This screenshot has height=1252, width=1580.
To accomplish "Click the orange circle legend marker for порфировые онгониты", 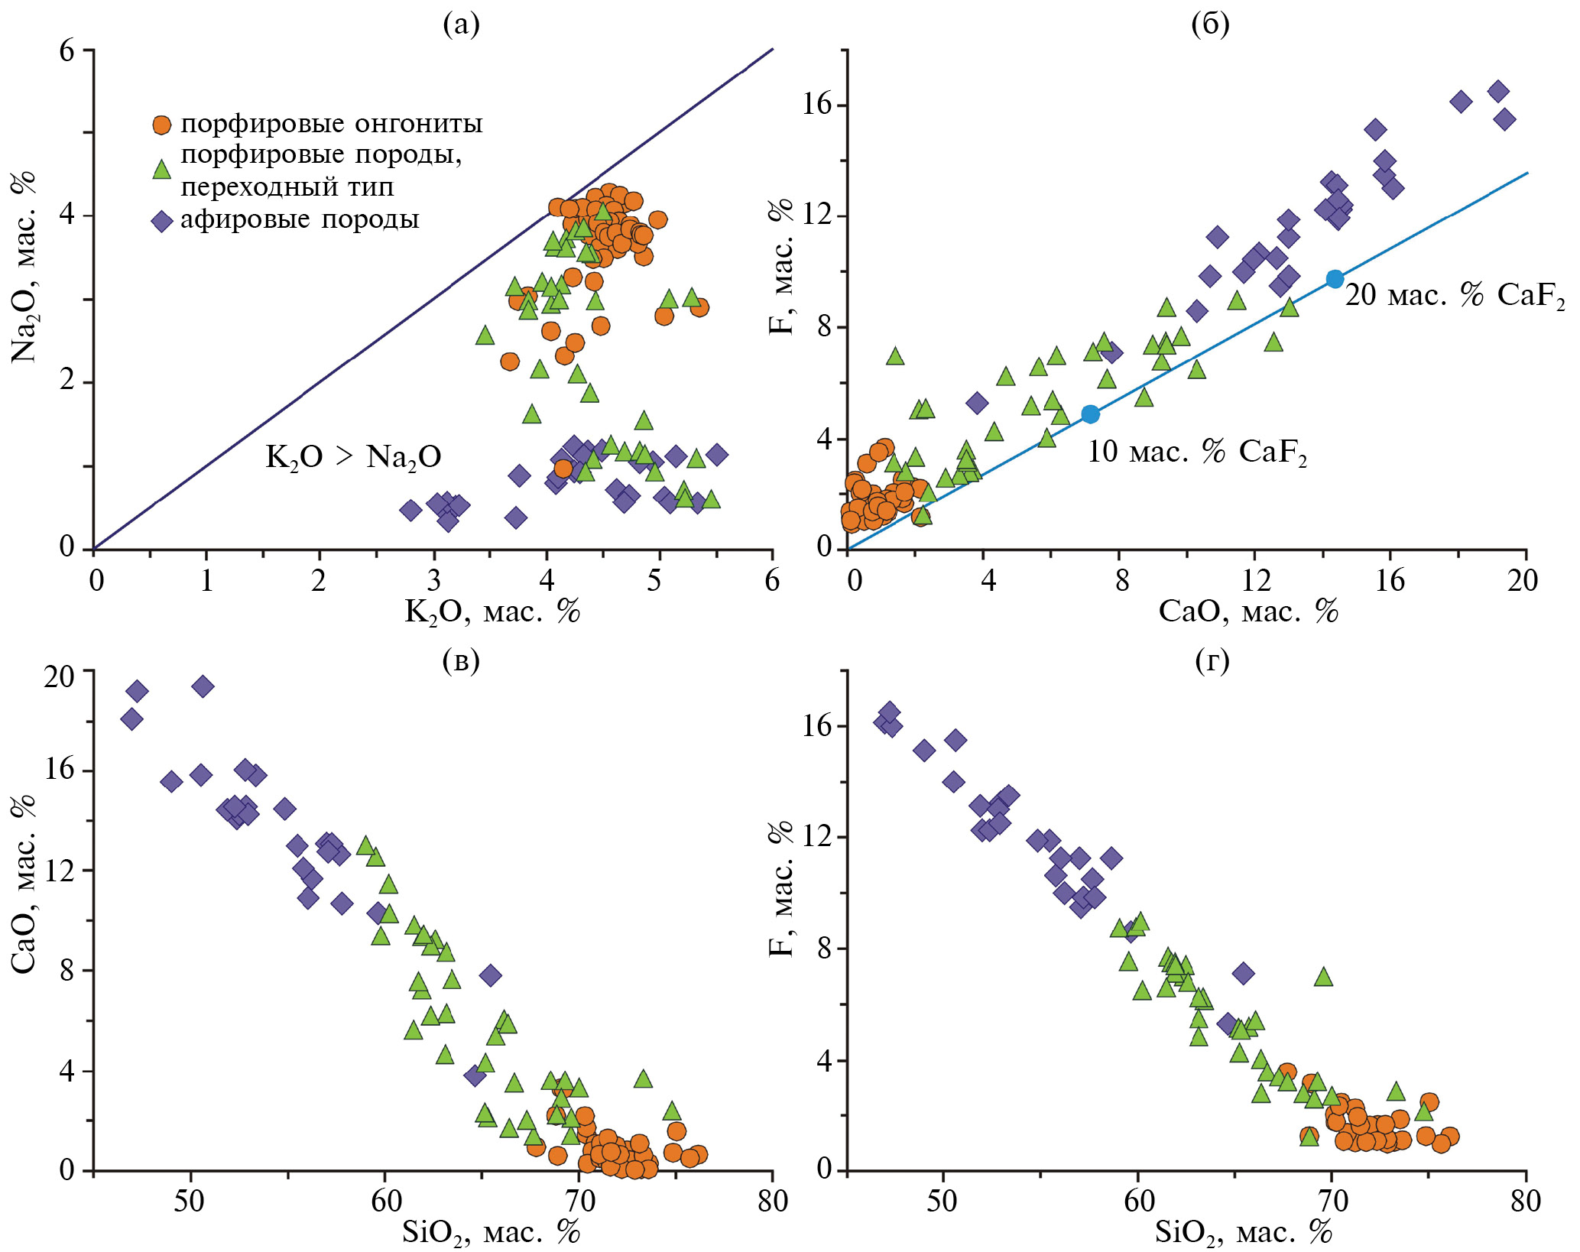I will [161, 125].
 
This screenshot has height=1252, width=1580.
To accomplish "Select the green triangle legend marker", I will [161, 170].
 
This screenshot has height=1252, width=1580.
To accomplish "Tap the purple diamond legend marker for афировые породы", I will [162, 222].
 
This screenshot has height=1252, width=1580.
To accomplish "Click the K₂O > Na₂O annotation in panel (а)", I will [353, 457].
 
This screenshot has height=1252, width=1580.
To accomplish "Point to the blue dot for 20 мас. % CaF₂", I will [1335, 279].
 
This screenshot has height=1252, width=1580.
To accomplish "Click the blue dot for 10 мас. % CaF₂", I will [1090, 414].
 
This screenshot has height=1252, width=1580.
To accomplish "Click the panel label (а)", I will [462, 25].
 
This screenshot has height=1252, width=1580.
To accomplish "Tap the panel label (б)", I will [1210, 25].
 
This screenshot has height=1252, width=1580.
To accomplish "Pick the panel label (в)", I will [461, 661].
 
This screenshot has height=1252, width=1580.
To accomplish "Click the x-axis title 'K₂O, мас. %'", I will [492, 612].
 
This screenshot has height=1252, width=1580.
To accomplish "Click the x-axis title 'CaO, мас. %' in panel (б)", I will [1248, 611].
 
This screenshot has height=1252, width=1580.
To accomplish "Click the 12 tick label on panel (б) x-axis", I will [1256, 581].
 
